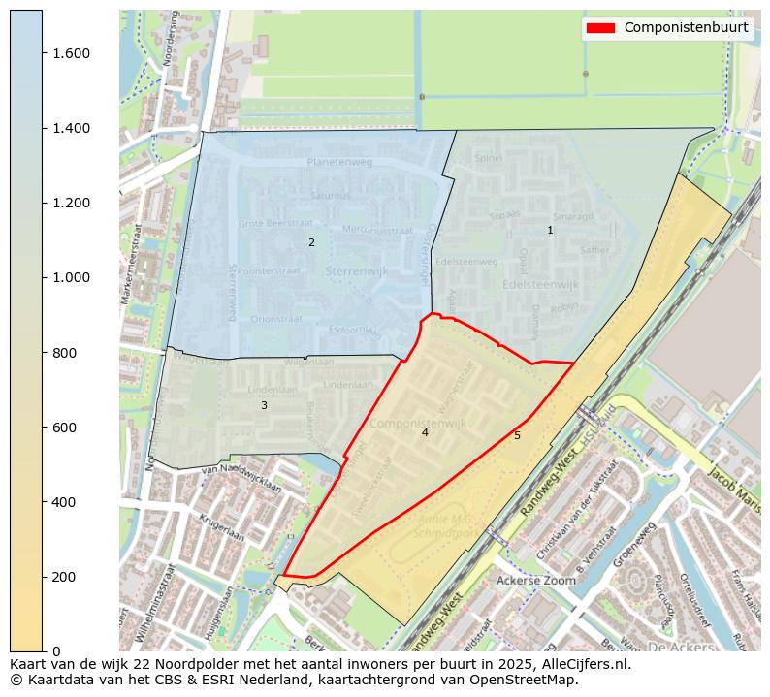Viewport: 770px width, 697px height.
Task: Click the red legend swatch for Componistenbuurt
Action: [600, 28]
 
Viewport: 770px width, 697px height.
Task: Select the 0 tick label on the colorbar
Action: [56, 651]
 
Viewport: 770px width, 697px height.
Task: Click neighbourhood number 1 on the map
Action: [550, 230]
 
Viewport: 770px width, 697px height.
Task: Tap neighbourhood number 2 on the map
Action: [311, 242]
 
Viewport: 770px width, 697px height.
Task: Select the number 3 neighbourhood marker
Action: [264, 405]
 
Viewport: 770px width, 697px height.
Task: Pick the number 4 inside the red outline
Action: [425, 432]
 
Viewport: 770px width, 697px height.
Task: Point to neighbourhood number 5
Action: [517, 435]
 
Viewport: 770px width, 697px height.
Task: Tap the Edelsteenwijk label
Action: [540, 284]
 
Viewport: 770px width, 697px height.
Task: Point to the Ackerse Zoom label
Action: [535, 580]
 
